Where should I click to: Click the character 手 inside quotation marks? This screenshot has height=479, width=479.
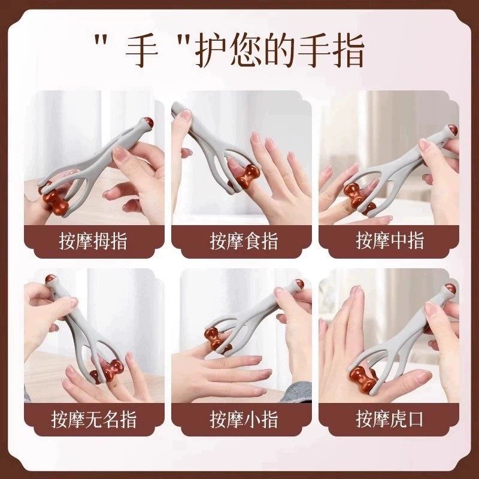[142, 52]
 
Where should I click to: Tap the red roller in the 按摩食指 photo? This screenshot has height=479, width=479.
[247, 178]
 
